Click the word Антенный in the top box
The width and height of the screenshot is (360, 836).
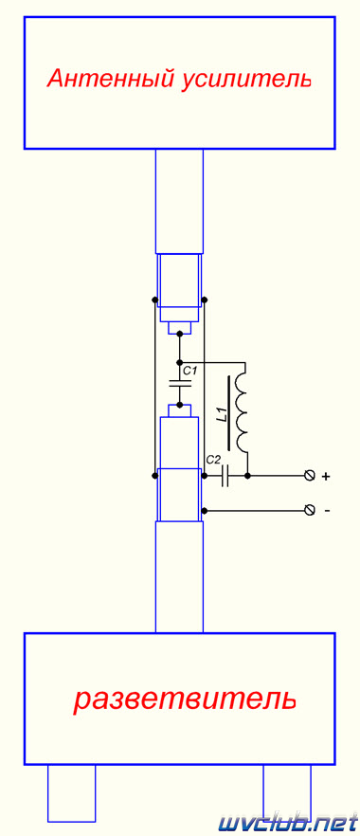click(x=111, y=80)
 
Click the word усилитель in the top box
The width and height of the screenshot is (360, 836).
click(x=246, y=80)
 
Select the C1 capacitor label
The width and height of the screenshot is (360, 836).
click(x=190, y=370)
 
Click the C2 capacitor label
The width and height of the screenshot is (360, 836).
click(x=213, y=459)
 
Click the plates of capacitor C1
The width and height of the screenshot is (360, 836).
click(x=180, y=383)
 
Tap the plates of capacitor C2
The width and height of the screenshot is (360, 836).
click(x=225, y=475)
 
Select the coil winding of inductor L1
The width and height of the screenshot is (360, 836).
click(x=243, y=409)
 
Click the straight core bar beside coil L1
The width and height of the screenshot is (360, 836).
click(x=230, y=412)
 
